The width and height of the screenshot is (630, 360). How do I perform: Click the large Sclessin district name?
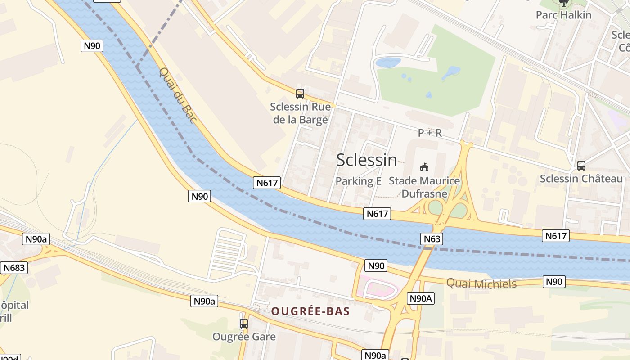(367, 160)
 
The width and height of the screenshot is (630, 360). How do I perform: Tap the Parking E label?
(359, 181)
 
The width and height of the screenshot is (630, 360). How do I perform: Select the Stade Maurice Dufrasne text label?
(424, 187)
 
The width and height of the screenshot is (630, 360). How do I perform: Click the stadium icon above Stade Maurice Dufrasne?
(424, 167)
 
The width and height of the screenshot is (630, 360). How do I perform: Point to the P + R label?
(430, 133)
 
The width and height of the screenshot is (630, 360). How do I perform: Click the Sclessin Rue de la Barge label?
(300, 113)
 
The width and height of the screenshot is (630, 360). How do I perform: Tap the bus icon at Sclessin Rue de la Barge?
(300, 94)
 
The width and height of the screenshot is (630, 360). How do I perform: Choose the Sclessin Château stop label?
(581, 179)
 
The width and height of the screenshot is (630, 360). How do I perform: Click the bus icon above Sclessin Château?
(581, 165)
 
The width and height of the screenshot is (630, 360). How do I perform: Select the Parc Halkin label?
(563, 15)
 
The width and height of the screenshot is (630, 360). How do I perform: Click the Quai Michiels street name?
(481, 283)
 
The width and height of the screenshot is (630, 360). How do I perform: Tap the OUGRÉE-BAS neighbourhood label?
(310, 311)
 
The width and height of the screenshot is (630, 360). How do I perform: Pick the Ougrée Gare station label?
(244, 337)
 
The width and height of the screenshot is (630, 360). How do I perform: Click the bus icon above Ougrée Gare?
(244, 323)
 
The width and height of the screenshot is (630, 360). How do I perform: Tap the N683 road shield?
(14, 268)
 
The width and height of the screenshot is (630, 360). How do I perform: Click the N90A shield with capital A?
(421, 298)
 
